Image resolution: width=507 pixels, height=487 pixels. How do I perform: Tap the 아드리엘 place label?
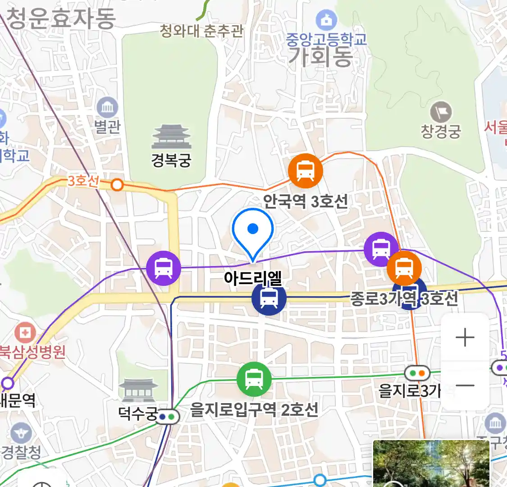[x=253, y=278]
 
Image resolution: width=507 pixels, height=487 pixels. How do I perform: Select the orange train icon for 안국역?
[x=306, y=171]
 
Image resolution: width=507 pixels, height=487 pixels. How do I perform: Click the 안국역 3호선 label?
[x=306, y=201]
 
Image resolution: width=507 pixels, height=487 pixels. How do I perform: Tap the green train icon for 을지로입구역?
[x=254, y=379]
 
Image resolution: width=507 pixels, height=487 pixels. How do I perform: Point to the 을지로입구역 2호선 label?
[x=254, y=410]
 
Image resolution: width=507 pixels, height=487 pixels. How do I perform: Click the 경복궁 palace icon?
[x=171, y=137]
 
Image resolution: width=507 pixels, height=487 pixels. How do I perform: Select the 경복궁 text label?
[x=171, y=160]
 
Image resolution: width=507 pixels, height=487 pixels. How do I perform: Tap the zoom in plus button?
[x=465, y=337]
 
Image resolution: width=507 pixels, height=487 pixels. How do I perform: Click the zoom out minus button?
[x=465, y=386]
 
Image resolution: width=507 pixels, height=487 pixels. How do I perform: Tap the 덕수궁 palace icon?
[x=138, y=391]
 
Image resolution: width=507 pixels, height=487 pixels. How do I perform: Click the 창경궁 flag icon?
[x=441, y=112]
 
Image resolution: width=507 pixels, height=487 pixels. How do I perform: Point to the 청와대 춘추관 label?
[x=201, y=31]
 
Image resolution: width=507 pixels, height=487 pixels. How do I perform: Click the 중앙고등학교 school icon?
[x=326, y=20]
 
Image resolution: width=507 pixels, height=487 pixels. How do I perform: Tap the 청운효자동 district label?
[x=61, y=18]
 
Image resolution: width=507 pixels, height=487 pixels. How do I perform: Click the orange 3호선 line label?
[x=83, y=181]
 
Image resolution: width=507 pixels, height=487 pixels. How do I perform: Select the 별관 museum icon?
[x=107, y=108]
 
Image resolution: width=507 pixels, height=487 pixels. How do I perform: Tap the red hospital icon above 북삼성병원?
[x=25, y=333]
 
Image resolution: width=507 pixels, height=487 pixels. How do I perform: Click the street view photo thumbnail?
[x=431, y=464]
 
